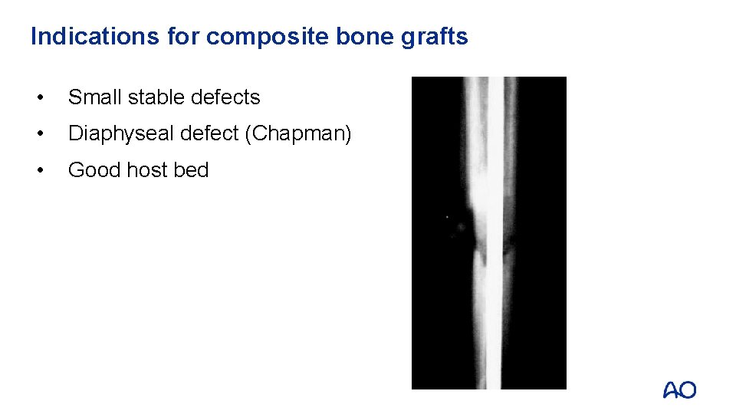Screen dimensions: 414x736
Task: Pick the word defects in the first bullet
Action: point(225,97)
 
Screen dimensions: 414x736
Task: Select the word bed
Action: point(192,170)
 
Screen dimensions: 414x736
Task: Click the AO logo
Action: point(679,390)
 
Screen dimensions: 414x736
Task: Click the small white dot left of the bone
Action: point(447,217)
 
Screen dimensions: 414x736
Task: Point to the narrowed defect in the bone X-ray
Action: point(481,244)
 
